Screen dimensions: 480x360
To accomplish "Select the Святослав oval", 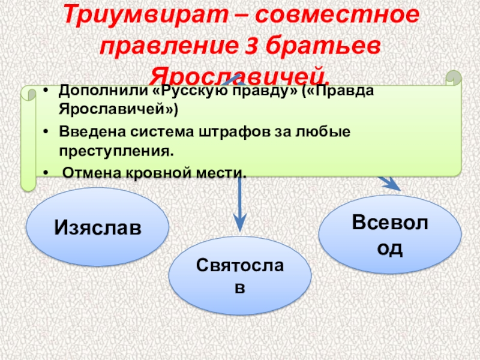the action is tap(240, 275).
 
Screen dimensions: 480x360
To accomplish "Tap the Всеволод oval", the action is tap(389, 235).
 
